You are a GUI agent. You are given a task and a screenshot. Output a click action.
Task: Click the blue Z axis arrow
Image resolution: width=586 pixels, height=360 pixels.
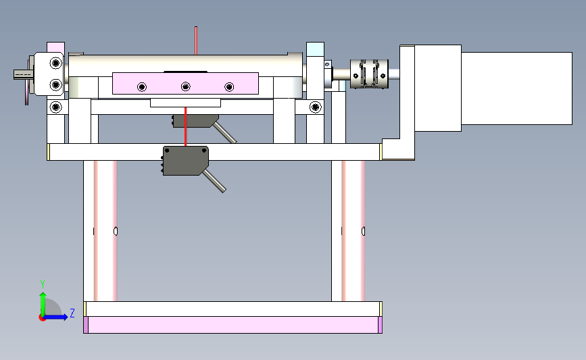tap(55, 317)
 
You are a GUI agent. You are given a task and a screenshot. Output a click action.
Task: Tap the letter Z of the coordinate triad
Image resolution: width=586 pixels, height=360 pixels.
tap(72, 313)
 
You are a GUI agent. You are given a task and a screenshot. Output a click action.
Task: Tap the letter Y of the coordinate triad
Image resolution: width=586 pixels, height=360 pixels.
tap(43, 284)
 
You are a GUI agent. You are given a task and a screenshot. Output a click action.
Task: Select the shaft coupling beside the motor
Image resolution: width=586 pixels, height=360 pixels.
tap(369, 74)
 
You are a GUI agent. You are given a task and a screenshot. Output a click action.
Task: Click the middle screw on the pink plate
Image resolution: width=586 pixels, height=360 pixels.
tap(186, 86)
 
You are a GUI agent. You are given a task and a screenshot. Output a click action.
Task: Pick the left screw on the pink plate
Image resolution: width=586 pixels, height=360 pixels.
tap(142, 87)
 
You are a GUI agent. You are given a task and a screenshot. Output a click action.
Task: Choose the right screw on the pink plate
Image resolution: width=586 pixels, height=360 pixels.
tap(229, 87)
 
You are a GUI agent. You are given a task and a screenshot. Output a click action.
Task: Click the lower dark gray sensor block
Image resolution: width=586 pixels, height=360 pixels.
tap(185, 161)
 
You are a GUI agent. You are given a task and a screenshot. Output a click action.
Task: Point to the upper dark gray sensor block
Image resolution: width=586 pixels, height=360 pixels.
tap(195, 121)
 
